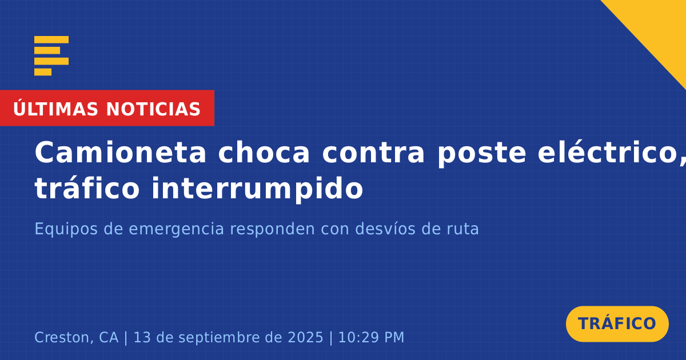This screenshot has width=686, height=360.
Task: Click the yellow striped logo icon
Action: click(51, 56)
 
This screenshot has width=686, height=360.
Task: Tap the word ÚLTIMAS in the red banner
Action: click(55, 109)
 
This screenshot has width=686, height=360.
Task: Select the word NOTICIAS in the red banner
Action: click(153, 109)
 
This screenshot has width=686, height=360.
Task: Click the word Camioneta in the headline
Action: click(121, 153)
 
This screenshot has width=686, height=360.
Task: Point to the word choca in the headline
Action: click(264, 153)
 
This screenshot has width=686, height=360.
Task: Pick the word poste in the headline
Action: click(482, 154)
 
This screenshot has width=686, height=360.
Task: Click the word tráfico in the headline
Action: click(87, 188)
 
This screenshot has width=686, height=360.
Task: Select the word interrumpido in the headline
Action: click(258, 190)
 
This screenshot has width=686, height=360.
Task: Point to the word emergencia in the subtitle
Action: click(177, 230)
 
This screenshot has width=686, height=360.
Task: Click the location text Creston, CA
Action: click(77, 338)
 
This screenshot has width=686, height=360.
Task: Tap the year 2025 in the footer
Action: click(306, 338)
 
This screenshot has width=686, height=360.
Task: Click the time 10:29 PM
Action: click(371, 338)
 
